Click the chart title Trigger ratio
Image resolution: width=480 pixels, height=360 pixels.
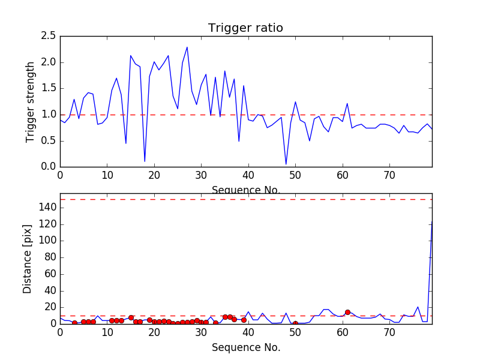(x=245, y=28)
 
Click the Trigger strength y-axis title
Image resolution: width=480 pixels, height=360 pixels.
(x=31, y=101)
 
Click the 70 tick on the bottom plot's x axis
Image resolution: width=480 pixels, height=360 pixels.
(x=389, y=331)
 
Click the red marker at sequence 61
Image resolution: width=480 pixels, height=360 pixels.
(x=347, y=312)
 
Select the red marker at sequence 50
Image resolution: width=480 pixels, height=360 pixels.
(x=295, y=323)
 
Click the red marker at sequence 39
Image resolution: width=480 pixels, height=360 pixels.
(x=244, y=320)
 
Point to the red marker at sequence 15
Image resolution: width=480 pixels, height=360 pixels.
(x=131, y=317)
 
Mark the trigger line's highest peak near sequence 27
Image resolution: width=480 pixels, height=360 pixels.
(x=187, y=47)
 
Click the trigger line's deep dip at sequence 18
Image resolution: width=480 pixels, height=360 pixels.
(x=145, y=161)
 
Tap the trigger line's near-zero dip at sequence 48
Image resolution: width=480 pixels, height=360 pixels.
(x=286, y=164)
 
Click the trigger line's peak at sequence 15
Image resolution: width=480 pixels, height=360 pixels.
(x=131, y=56)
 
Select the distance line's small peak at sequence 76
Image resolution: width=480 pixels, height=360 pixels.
(x=418, y=307)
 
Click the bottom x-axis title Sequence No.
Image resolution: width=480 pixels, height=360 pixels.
(x=246, y=347)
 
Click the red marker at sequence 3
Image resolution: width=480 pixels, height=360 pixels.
(x=74, y=323)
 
